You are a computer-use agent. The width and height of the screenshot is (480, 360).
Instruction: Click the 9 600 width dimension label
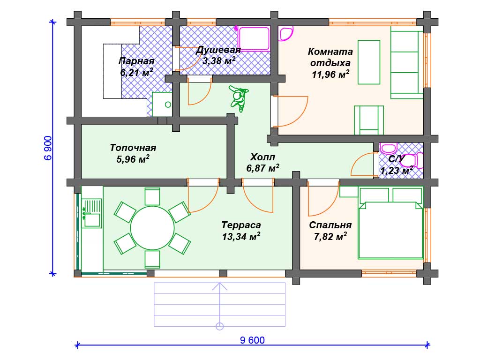252,340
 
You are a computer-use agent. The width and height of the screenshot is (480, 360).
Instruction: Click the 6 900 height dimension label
48,148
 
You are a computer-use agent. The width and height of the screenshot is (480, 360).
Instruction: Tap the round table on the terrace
152,228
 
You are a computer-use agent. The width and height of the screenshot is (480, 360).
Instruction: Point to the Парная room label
136,61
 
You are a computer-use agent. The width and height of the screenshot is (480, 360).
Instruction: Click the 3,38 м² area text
218,60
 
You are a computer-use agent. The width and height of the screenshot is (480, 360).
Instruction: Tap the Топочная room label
133,148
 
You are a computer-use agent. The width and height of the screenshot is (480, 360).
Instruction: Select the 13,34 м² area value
241,236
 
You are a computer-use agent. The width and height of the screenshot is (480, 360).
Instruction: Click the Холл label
262,157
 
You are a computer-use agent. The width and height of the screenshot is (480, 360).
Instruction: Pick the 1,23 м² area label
397,170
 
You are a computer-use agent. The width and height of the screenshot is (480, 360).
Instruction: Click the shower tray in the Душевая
254,39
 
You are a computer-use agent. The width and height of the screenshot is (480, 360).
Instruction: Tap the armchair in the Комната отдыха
369,120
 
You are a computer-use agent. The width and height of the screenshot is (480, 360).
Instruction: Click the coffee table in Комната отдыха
369,62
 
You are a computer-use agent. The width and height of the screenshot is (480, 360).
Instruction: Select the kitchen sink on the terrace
92,213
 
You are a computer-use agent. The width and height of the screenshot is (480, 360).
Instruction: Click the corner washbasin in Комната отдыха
285,34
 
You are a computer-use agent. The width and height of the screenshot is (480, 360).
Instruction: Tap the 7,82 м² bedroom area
330,236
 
